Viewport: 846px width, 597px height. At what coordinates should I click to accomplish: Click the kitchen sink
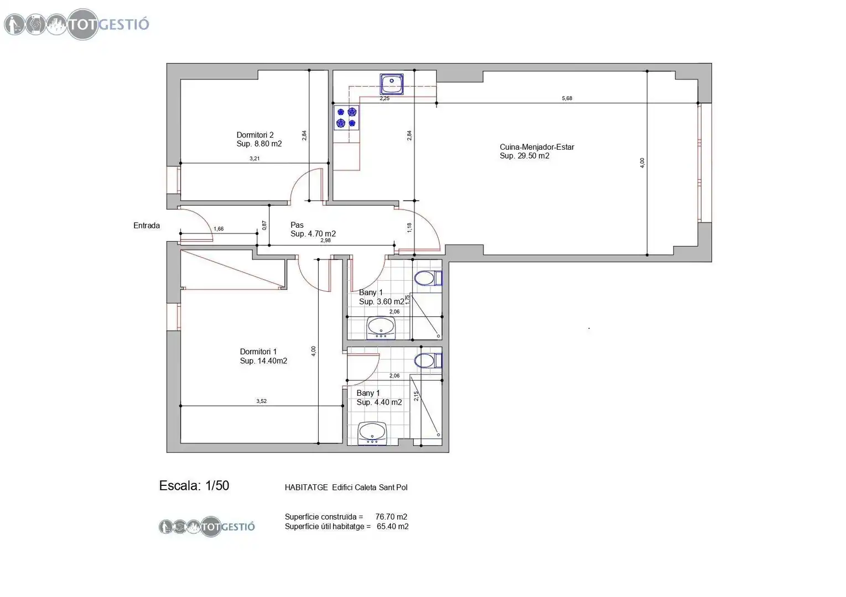391,84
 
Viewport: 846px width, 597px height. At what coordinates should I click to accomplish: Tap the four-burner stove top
346,118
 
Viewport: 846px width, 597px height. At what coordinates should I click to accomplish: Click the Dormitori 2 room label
259,139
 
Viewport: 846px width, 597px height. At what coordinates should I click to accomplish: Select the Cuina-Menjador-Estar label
537,151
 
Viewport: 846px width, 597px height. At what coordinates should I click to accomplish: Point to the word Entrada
147,226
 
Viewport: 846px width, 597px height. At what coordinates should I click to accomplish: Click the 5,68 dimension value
567,98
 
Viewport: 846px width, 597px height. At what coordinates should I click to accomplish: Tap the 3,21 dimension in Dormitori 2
255,159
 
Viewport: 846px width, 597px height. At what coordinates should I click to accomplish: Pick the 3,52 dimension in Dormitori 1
261,401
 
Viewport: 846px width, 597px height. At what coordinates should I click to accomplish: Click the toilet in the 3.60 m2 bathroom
428,279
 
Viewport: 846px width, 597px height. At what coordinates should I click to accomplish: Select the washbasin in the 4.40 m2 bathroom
372,433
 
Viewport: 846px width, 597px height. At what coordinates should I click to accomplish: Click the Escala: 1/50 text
194,486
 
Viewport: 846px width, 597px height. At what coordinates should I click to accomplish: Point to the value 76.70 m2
391,517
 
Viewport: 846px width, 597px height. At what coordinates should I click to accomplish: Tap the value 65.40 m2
393,526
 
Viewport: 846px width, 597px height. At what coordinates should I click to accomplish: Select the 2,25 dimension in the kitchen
385,98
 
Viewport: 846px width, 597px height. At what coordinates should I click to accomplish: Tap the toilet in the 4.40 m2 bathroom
428,360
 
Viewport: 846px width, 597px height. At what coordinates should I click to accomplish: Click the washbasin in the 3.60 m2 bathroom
381,328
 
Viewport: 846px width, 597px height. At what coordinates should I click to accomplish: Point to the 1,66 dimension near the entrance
219,229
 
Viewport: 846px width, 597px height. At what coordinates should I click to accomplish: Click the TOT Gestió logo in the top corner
77,24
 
